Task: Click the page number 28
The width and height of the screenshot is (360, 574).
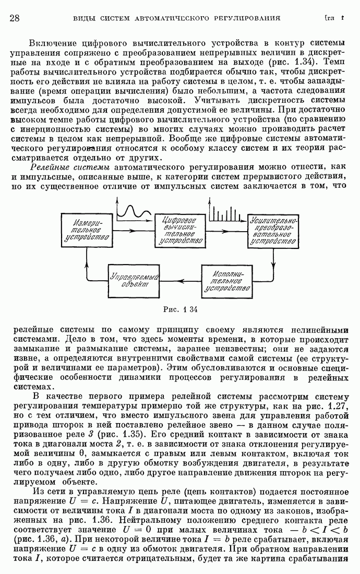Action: pyautogui.click(x=15, y=18)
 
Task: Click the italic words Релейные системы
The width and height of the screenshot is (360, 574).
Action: pyautogui.click(x=70, y=167)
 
